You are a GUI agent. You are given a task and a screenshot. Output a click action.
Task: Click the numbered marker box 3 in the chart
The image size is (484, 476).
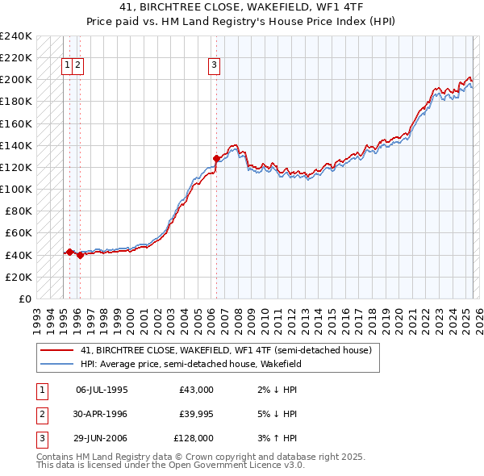[215, 66]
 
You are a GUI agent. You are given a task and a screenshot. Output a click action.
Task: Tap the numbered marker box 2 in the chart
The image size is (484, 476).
[77, 66]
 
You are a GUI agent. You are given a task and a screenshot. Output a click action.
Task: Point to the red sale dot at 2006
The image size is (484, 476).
[216, 158]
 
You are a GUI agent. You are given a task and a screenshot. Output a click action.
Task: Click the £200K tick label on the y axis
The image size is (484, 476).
[16, 80]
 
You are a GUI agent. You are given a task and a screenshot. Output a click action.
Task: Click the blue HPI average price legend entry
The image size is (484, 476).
[190, 364]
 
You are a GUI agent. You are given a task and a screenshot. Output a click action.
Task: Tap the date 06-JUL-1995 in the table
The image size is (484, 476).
[102, 390]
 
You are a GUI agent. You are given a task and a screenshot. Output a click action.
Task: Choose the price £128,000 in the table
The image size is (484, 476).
[194, 438]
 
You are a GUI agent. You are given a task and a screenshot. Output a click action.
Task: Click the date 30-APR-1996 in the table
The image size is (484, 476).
[102, 414]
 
